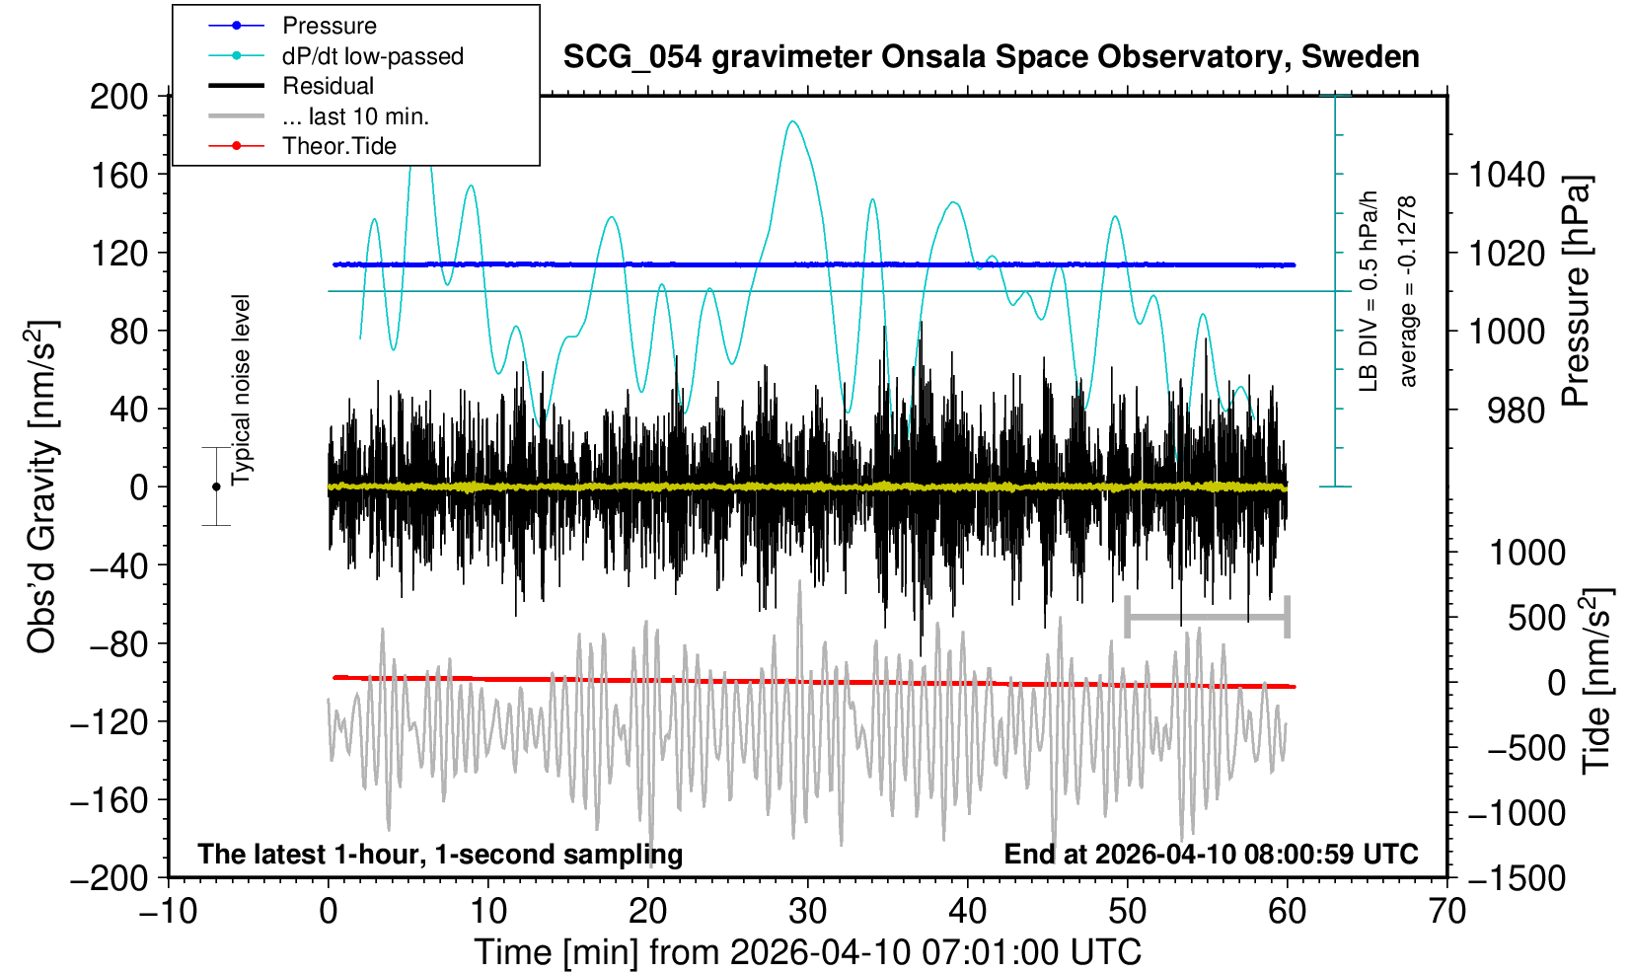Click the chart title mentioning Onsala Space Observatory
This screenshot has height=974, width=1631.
pos(991,57)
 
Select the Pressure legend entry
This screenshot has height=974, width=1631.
pos(329,26)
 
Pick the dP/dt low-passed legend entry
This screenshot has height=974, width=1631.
pos(372,56)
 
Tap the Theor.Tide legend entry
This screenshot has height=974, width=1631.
pos(338,146)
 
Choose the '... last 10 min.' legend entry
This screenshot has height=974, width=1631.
pos(355,116)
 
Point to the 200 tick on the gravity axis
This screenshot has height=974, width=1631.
pos(118,97)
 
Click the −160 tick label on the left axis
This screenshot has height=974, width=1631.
pos(109,800)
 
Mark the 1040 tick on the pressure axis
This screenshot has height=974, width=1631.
pos(1507,176)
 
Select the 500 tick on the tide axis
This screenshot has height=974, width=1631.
pos(1536,618)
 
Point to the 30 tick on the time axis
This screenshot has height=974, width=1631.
pos(808,910)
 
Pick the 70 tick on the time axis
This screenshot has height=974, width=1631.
pos(1446,910)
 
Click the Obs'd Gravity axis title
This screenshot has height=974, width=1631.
pos(42,487)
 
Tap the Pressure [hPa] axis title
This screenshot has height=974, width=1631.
pos(1577,291)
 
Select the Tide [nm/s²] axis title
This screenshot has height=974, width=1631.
pos(1596,681)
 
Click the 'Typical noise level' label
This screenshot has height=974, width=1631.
pos(241,390)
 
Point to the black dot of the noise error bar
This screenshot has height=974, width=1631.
pos(216,487)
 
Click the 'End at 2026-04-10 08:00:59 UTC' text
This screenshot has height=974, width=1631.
pos(1211,854)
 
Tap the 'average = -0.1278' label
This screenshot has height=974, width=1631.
pos(1408,291)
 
